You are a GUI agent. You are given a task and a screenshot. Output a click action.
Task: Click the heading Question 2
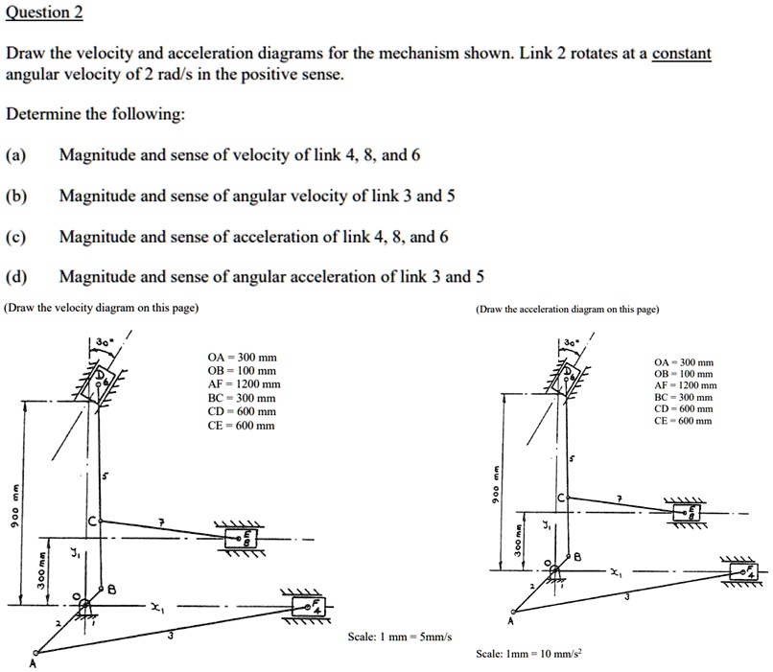[44, 12]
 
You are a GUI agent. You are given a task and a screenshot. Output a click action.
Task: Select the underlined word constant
[681, 54]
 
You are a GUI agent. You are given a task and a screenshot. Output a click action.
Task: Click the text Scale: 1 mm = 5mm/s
[401, 637]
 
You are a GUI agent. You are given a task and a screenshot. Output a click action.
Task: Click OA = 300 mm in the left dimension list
[242, 358]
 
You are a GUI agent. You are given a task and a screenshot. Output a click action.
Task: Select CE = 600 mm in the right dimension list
[682, 421]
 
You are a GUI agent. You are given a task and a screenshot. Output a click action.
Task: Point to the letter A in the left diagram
[31, 662]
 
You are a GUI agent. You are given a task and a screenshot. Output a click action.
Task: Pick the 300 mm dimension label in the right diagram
[518, 543]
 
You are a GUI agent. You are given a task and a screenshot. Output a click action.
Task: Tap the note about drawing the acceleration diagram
[567, 310]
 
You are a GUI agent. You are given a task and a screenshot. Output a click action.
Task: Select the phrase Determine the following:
[95, 114]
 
